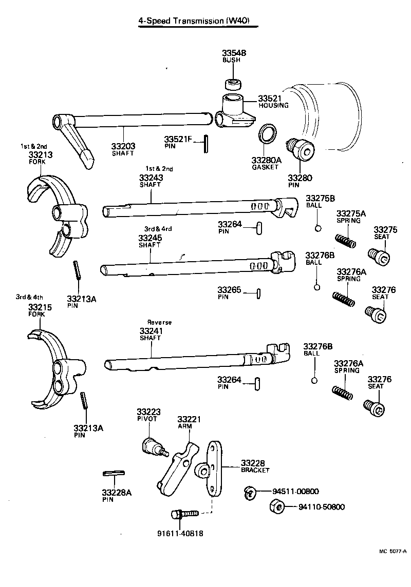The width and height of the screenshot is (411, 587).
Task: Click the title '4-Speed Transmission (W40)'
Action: [x=197, y=21]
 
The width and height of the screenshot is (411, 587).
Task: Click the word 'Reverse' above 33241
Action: [x=159, y=322]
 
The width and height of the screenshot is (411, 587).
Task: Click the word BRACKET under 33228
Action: [x=255, y=470]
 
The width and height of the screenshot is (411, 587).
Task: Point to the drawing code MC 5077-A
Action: [x=392, y=551]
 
